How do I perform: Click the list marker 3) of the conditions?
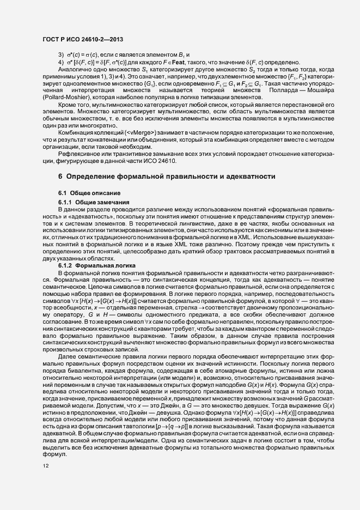(60, 56)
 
